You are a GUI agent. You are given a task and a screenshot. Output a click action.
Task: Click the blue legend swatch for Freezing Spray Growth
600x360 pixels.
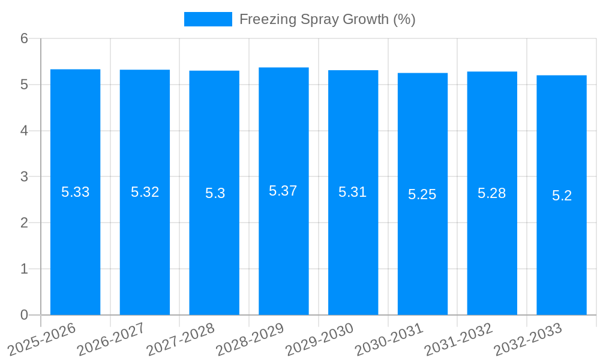point(208,19)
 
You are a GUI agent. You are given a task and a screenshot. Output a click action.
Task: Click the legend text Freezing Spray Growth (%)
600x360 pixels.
point(327,19)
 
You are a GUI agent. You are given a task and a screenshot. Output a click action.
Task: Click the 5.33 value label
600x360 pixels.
point(75,192)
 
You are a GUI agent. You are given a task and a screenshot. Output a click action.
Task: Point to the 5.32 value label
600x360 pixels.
point(145,192)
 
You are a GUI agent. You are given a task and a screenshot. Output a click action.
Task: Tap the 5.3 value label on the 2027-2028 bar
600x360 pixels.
point(215,193)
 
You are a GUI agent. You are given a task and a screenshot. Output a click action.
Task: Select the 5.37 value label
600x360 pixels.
point(283,191)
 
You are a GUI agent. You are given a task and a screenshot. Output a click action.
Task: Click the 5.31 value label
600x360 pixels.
point(353,192)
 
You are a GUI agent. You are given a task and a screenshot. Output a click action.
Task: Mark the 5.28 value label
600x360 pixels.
point(492,193)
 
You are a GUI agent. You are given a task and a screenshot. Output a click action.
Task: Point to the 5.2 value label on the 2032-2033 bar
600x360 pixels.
point(562,196)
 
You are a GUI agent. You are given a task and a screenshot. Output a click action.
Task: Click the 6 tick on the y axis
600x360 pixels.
point(24,38)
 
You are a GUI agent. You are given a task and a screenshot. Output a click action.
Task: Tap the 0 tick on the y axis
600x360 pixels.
point(24,315)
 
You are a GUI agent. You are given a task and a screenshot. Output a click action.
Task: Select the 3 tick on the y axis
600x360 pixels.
point(24,177)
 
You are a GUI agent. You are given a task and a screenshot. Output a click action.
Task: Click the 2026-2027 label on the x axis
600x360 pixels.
point(110,338)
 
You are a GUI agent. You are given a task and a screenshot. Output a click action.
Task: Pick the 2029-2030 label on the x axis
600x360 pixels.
point(319,338)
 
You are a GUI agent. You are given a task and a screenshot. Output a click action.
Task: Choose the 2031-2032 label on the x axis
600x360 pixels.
point(458,338)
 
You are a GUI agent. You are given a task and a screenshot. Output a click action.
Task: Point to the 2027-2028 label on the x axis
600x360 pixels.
point(180,338)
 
